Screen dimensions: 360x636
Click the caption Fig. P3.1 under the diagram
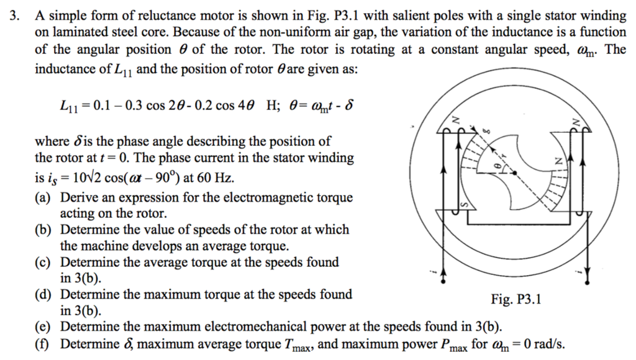516,300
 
